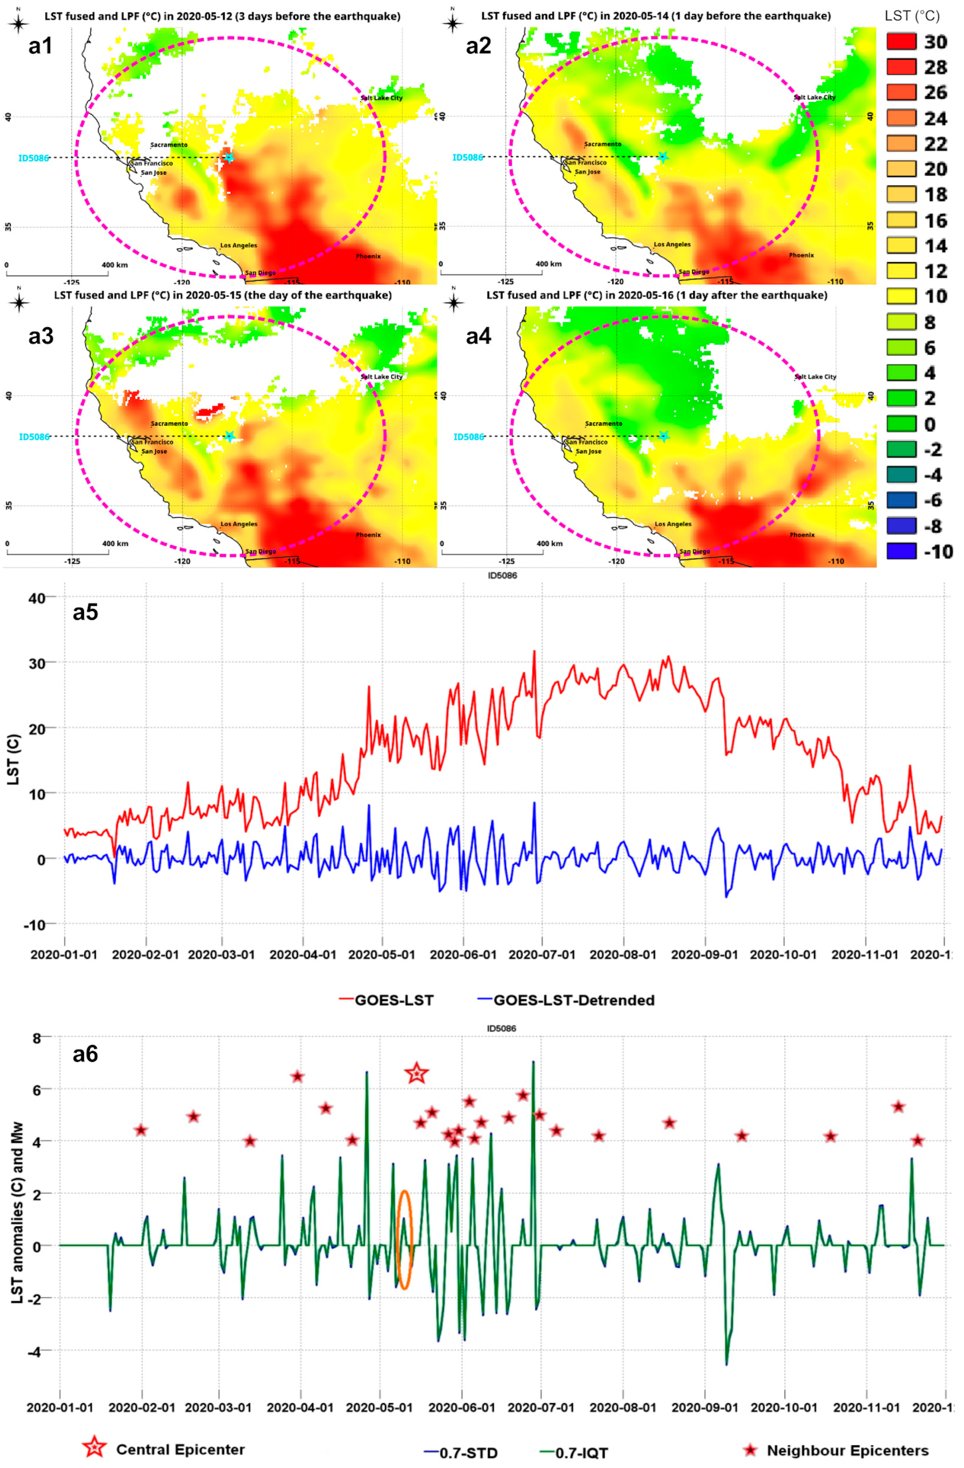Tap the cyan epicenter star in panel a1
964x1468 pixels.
229,157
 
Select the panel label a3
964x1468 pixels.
41,336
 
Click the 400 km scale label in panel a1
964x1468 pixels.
115,265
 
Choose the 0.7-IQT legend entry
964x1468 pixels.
581,1453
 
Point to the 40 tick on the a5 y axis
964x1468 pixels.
37,598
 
